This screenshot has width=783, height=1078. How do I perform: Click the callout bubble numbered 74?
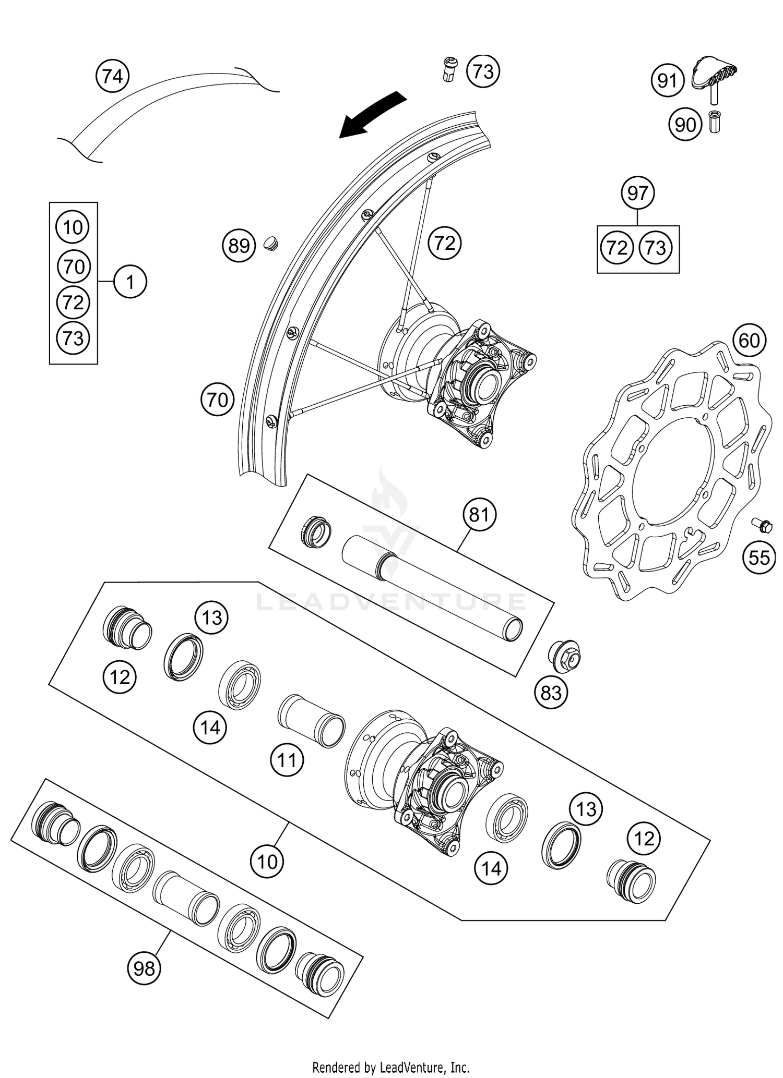pos(113,77)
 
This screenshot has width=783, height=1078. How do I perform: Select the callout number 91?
pos(667,81)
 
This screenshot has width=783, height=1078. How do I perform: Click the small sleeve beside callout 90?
pos(714,123)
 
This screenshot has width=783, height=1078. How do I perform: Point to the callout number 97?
pos(638,193)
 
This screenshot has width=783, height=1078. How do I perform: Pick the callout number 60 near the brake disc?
pos(749,341)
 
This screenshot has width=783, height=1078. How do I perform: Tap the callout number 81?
pos(479,515)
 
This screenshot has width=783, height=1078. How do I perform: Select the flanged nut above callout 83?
pos(564,654)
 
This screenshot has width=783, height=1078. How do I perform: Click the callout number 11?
pos(287,760)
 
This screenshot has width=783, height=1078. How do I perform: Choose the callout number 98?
pos(144,968)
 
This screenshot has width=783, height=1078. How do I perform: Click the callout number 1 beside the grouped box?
pos(130,282)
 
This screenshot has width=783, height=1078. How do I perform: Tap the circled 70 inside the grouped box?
pos(73,267)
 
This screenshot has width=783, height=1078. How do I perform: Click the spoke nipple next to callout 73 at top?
pos(449,70)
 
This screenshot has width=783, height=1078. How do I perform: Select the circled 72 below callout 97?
pos(617,248)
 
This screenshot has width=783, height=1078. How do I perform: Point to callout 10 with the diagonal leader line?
pos(267,861)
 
